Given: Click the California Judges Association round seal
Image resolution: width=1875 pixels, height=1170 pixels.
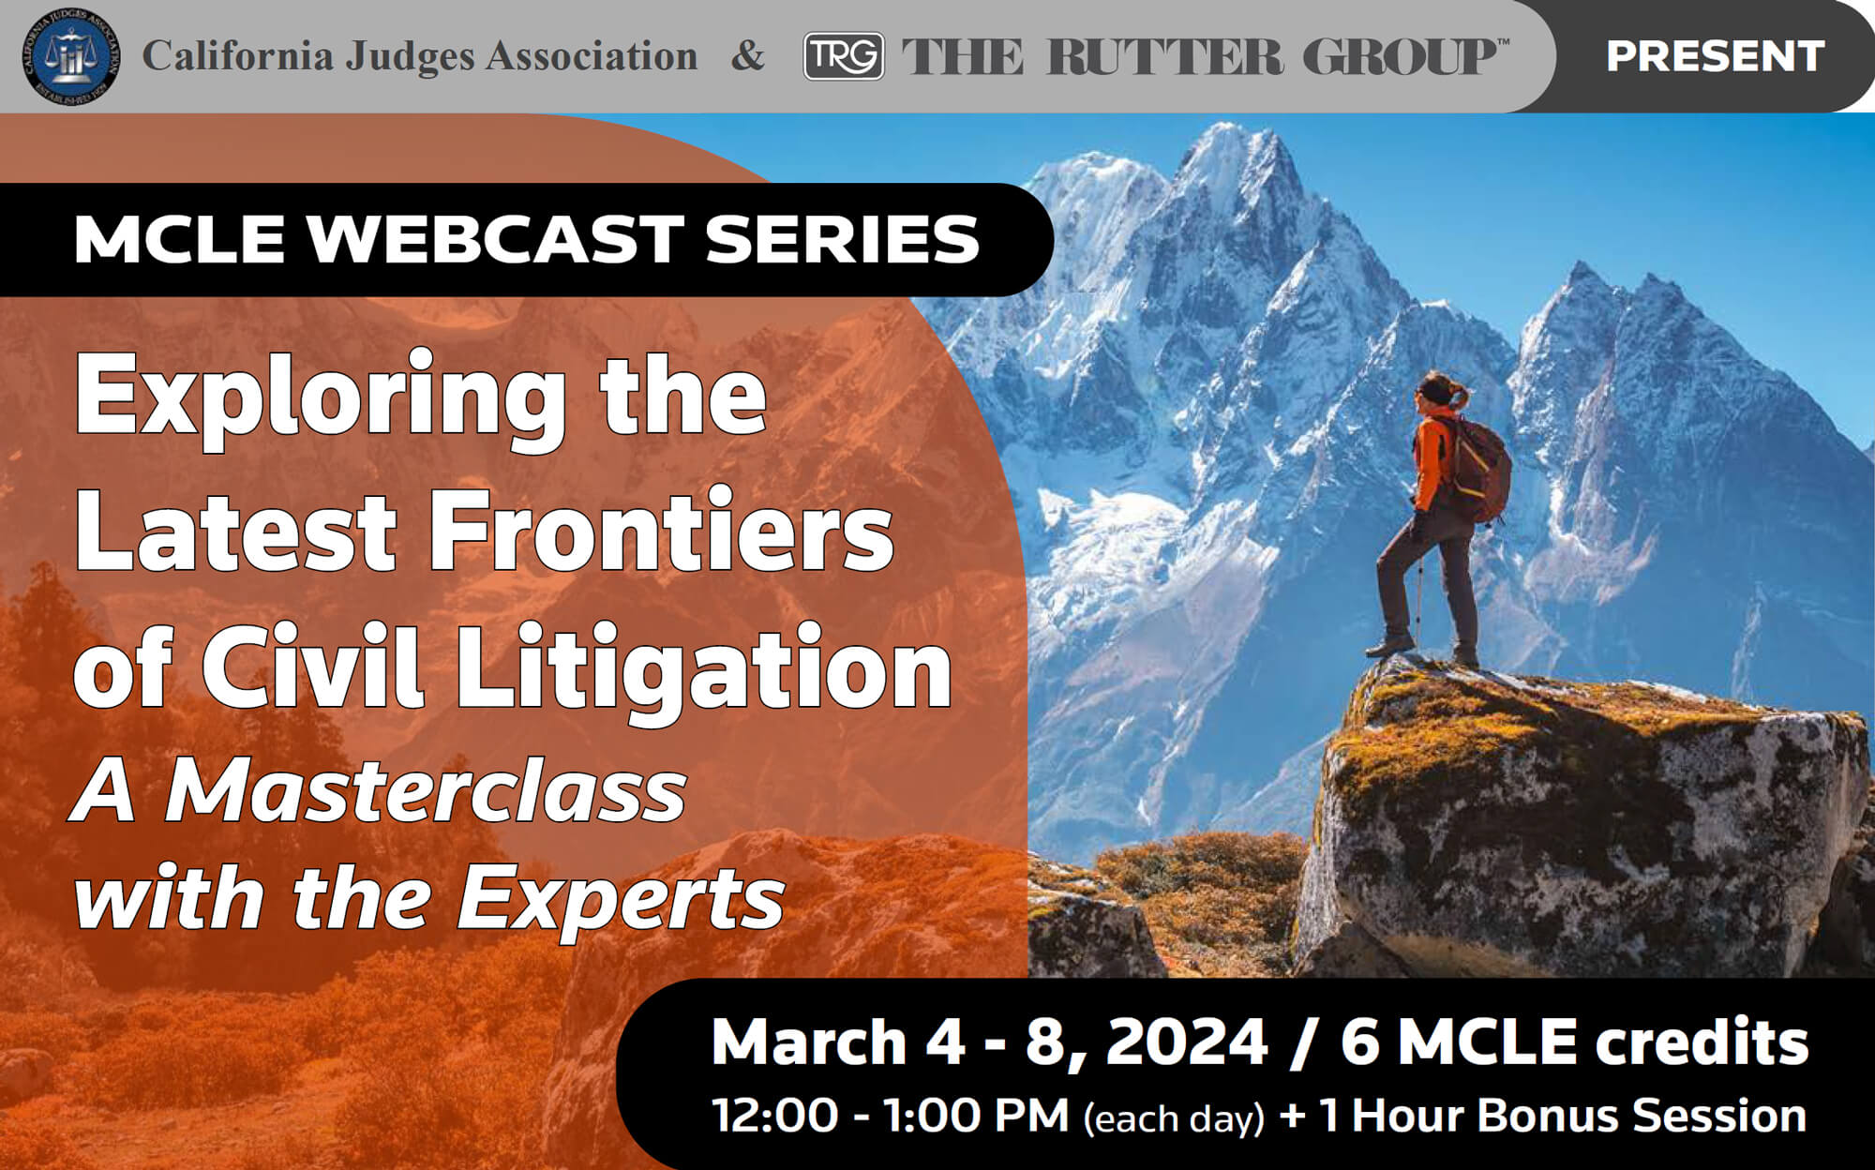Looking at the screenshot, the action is [71, 57].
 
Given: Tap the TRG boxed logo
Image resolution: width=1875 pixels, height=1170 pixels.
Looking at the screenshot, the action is [844, 56].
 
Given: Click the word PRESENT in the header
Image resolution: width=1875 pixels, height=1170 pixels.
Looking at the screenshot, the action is [1715, 56].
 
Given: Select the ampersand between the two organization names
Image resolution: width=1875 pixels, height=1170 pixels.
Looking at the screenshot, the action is [747, 55].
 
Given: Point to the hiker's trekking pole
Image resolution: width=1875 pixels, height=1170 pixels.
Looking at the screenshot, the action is [1420, 600].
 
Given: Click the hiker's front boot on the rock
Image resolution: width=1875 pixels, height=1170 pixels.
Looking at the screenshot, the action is [1389, 645].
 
